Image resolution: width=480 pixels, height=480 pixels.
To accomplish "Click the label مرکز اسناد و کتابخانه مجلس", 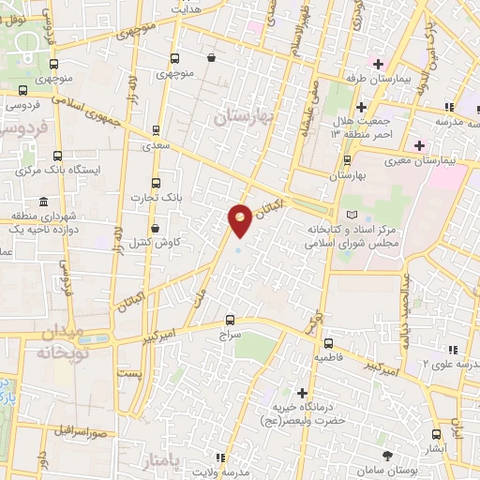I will point(349,234).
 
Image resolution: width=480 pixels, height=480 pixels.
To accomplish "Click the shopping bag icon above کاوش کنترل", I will point(156,228).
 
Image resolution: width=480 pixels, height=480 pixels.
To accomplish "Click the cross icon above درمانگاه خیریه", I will point(302,393).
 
